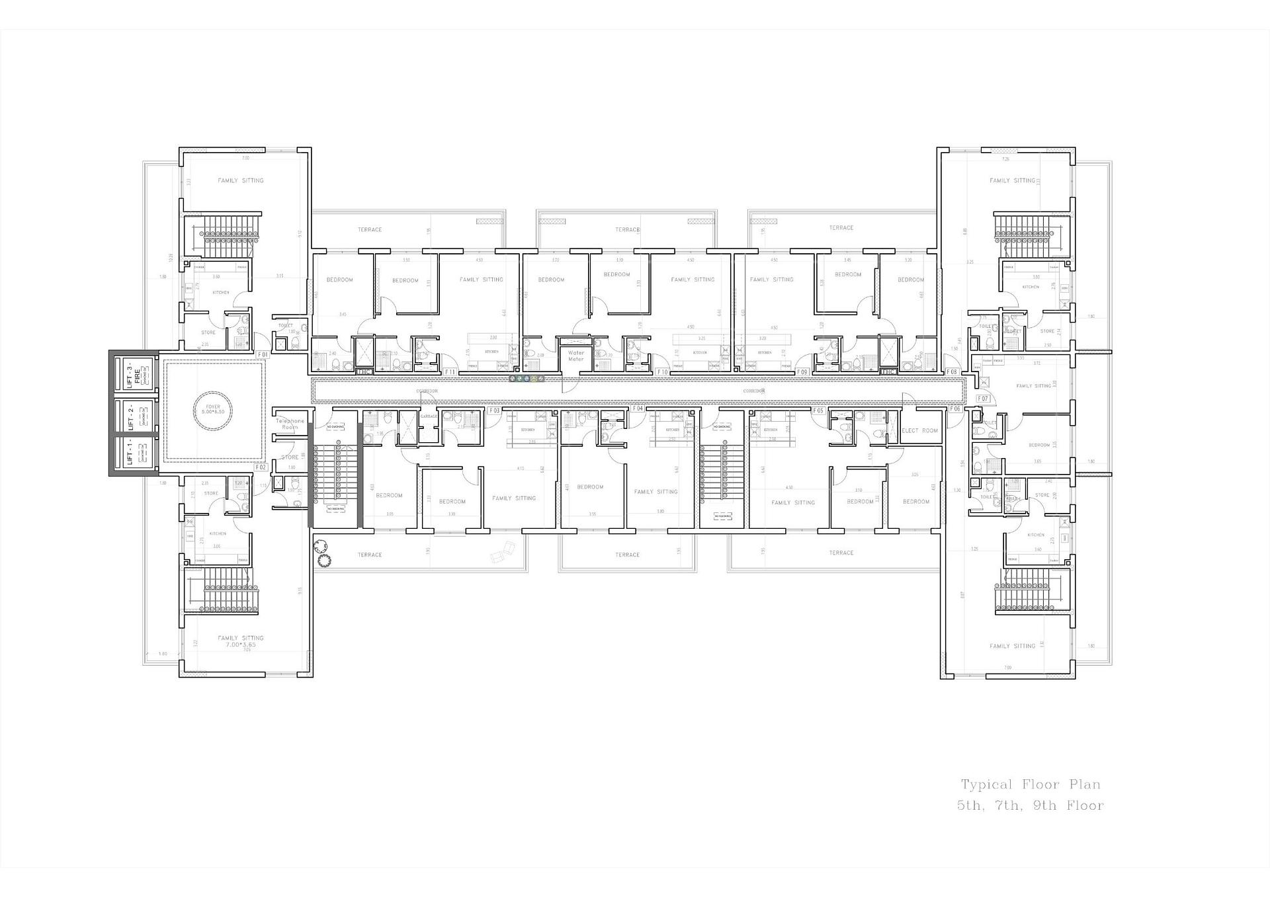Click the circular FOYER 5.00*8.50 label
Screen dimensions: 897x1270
click(x=213, y=409)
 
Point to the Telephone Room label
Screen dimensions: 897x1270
click(x=290, y=424)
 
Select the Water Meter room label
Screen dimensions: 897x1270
click(x=576, y=356)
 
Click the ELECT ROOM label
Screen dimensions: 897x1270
click(x=919, y=430)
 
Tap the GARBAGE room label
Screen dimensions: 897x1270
click(x=429, y=416)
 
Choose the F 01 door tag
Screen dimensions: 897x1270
click(x=262, y=355)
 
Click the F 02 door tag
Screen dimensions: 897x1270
click(x=261, y=467)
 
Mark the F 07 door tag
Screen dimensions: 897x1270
click(x=983, y=399)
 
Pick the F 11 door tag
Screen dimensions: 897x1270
click(x=450, y=372)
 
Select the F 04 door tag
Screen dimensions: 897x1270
click(x=637, y=409)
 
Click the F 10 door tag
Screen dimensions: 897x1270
click(x=661, y=372)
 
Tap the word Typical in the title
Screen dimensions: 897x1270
click(x=986, y=785)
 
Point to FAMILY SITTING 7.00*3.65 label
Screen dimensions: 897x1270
click(x=241, y=641)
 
